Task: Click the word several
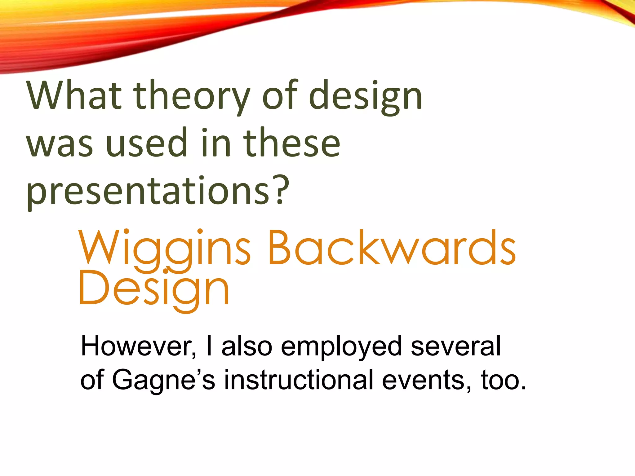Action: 455,346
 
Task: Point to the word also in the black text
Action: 247,346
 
